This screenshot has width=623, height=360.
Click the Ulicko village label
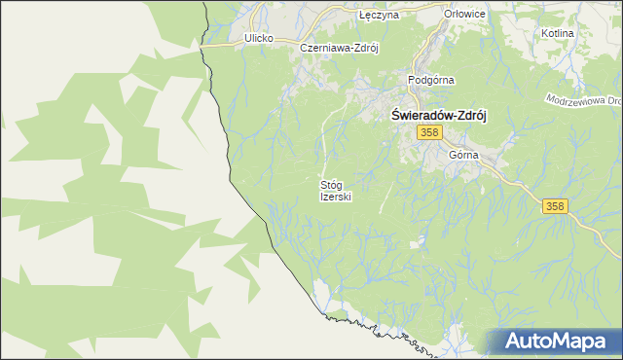257,38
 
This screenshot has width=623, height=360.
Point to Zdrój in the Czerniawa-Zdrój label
364,47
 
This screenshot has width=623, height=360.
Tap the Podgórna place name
432,81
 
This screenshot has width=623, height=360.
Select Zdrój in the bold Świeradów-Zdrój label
471,113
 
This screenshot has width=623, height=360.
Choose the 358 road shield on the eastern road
555,205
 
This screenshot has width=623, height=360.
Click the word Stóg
335,184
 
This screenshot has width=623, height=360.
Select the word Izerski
335,197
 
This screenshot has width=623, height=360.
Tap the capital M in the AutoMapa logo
563,342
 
